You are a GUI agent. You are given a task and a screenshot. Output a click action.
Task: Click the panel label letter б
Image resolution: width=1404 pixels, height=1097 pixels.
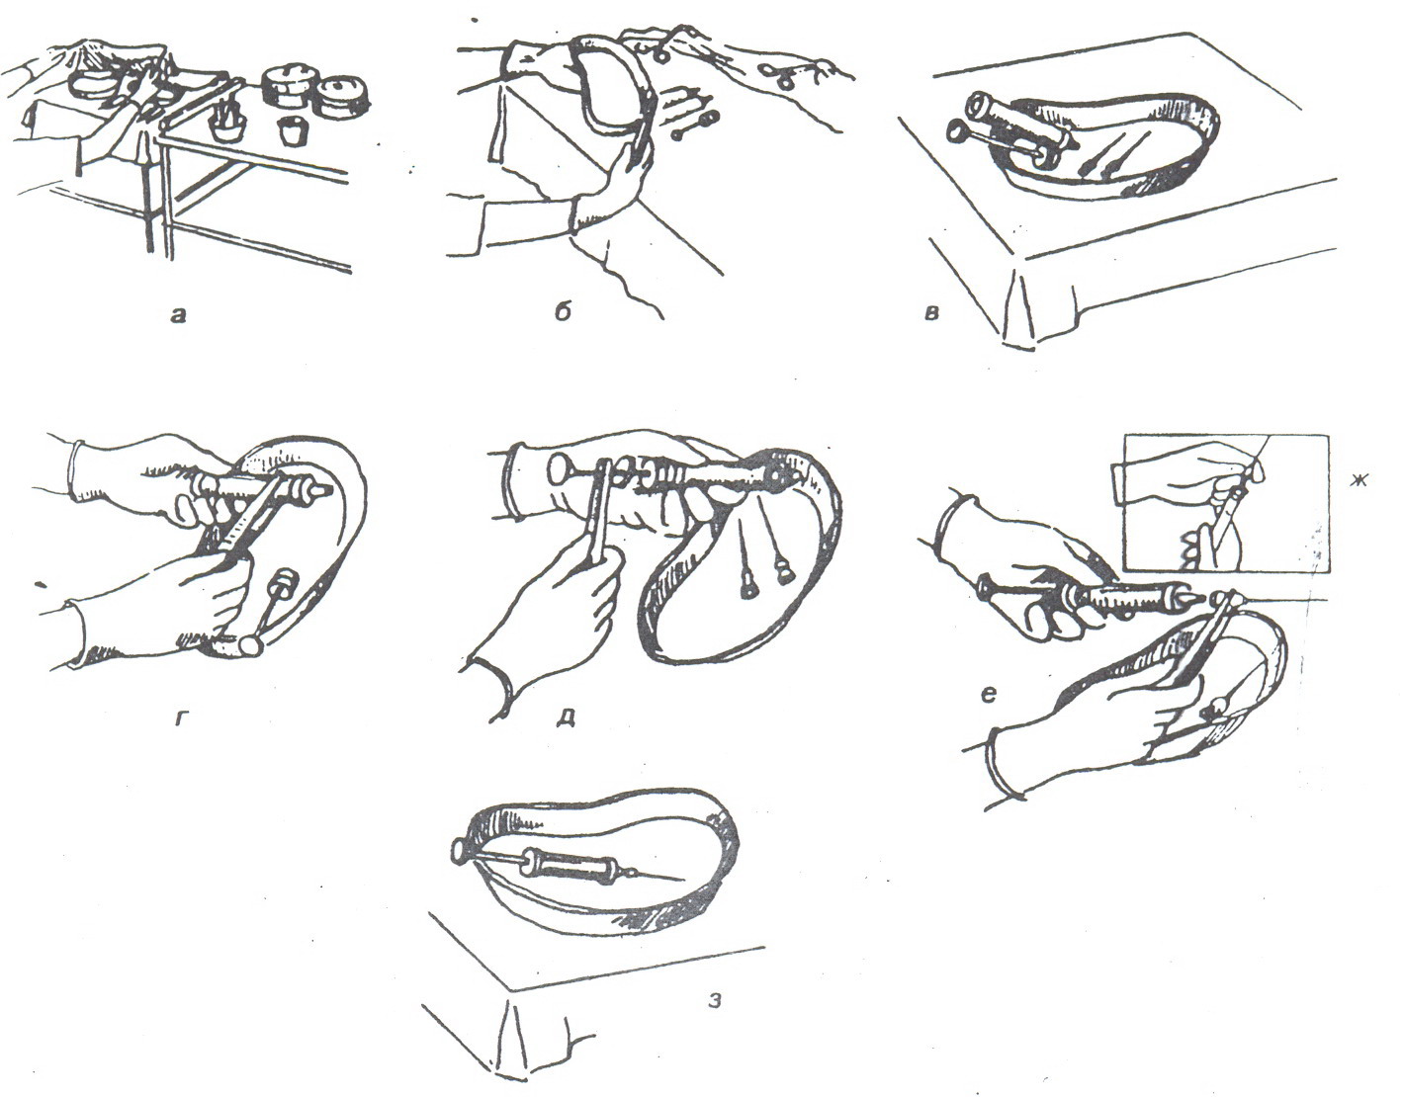[563, 314]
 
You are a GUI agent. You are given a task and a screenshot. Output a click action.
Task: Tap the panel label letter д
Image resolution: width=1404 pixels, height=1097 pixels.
[567, 717]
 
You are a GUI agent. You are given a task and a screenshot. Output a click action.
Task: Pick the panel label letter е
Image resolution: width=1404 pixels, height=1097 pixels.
[990, 695]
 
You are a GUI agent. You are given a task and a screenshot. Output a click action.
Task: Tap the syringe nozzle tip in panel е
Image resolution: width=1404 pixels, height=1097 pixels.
[1188, 599]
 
